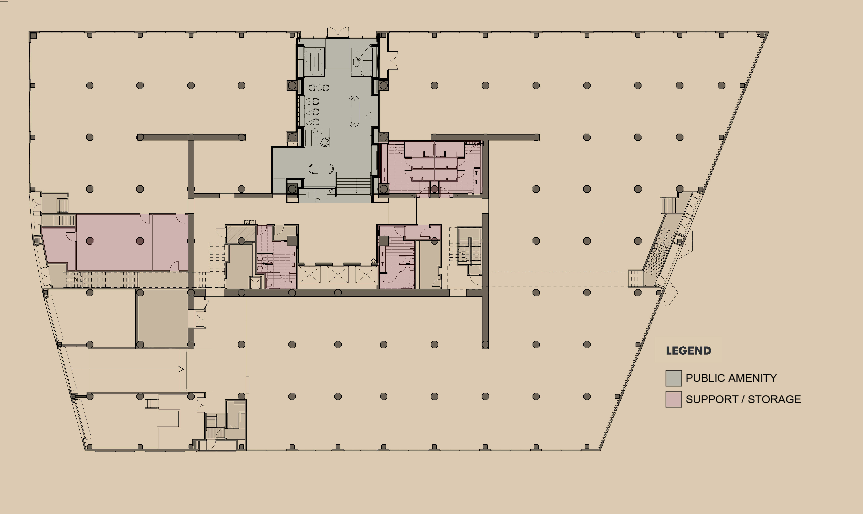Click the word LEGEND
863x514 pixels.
pos(688,351)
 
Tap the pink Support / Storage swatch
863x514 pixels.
pos(673,399)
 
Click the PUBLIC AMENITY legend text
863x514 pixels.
pos(731,378)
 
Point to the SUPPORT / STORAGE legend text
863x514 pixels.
pos(743,399)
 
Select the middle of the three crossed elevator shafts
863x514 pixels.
pos(338,275)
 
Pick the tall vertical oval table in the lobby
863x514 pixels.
pos(353,111)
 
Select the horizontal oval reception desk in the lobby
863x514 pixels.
pos(321,169)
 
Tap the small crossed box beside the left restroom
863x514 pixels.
pos(255,283)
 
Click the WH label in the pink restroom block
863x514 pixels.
pos(478,143)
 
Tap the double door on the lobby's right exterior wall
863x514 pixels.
pos(392,61)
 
